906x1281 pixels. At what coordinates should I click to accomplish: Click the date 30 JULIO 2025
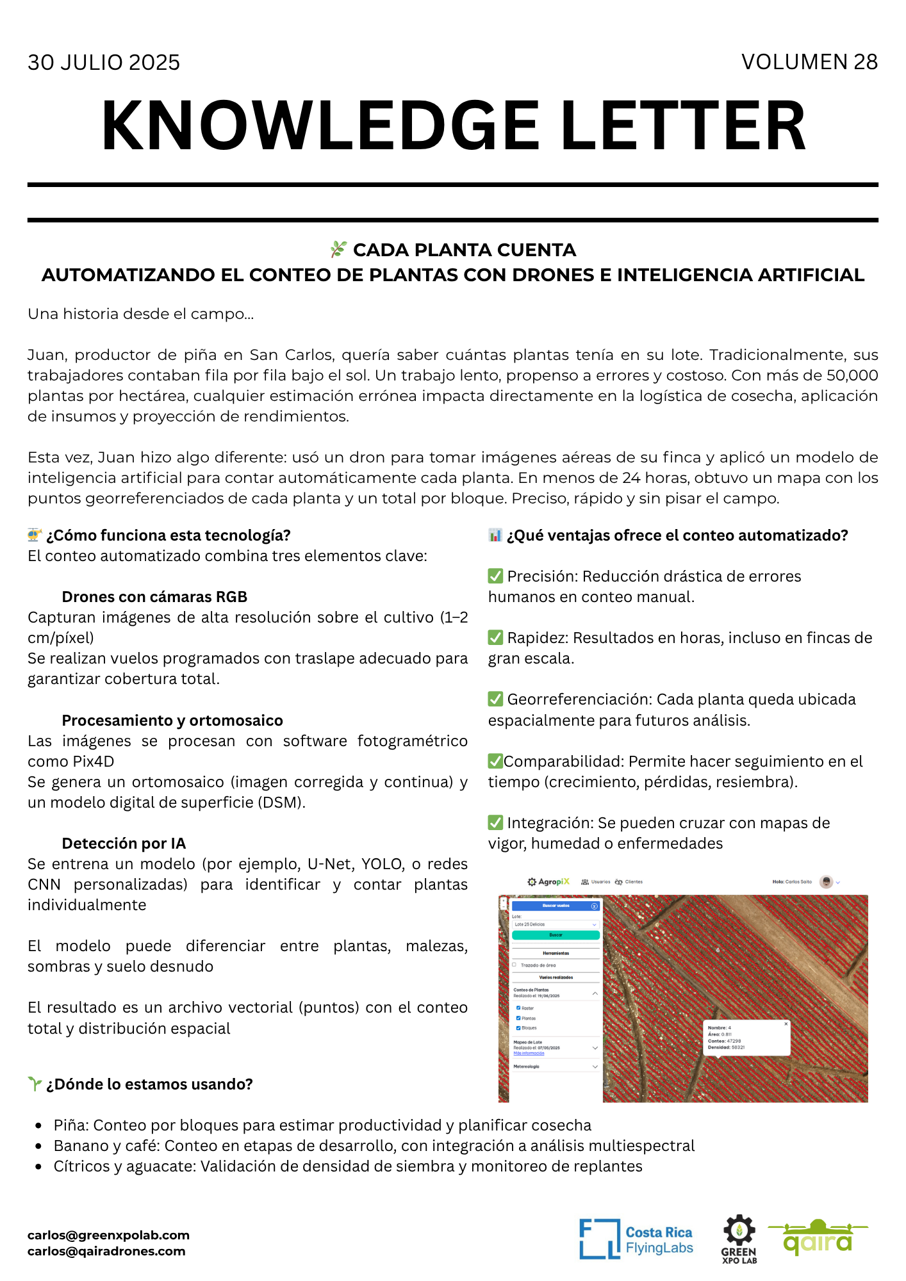click(x=104, y=63)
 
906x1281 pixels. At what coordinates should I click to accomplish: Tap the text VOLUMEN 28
click(x=809, y=62)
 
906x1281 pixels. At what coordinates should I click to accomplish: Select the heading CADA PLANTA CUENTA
click(x=464, y=250)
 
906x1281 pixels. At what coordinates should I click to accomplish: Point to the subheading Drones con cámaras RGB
click(x=154, y=597)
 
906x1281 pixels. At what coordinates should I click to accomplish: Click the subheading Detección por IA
click(x=124, y=844)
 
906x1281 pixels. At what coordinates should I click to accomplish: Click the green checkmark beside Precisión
click(x=495, y=576)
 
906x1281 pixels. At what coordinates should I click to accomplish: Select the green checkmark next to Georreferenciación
click(x=495, y=699)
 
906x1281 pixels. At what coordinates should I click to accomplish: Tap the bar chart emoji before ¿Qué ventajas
click(x=495, y=535)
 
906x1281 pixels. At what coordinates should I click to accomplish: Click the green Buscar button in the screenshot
click(x=556, y=935)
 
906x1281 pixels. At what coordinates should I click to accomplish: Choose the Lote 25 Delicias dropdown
click(x=556, y=924)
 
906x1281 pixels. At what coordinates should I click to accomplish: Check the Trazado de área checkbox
click(x=514, y=965)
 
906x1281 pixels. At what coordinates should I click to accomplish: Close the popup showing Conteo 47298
click(x=786, y=1024)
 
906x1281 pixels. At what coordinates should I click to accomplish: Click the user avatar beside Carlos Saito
click(x=827, y=882)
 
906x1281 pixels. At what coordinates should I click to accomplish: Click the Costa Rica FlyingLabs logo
click(x=636, y=1239)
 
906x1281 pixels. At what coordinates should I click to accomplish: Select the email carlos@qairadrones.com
click(x=106, y=1252)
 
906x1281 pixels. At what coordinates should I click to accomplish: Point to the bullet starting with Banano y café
click(x=374, y=1146)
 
